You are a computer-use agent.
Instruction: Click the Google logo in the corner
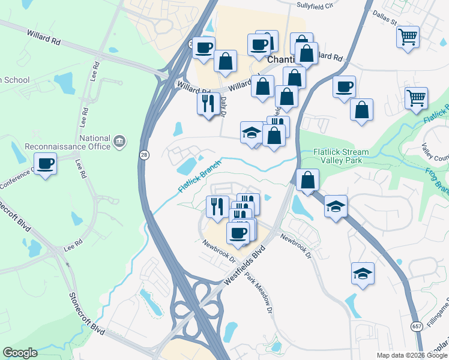click(20, 353)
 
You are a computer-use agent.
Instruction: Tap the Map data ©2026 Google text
click(411, 355)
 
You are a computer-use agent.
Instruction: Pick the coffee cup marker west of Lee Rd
click(46, 163)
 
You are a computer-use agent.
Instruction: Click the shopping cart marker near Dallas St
click(408, 37)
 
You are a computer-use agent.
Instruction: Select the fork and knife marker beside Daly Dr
click(208, 104)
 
